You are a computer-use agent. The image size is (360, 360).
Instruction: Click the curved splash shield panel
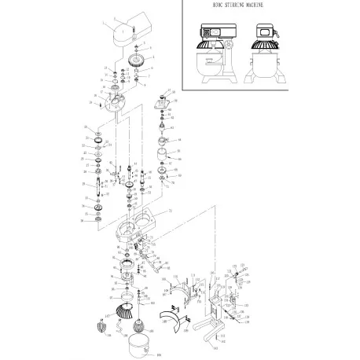[x=172, y=318]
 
